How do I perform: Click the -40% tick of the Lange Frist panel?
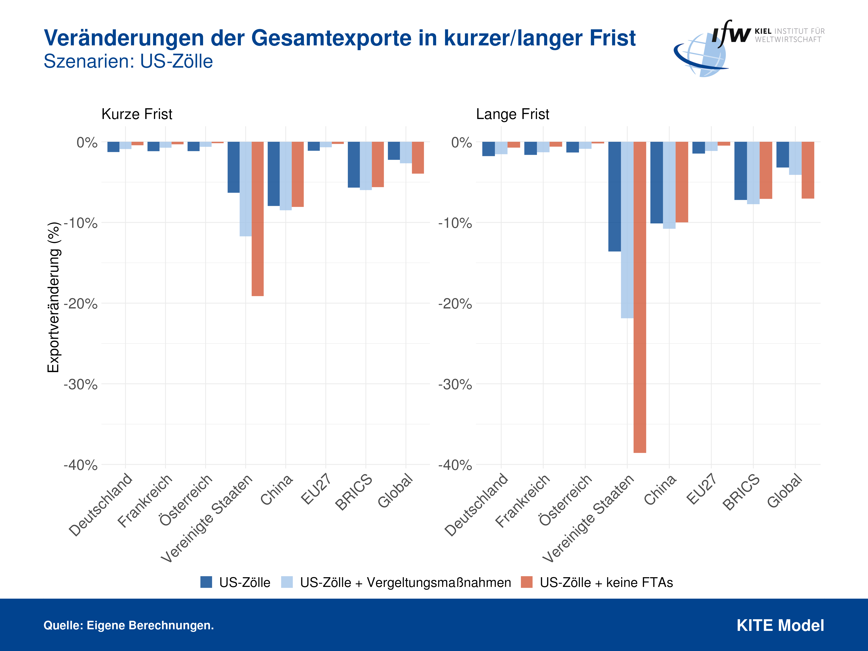click(x=455, y=465)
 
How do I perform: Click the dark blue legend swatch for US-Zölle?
click(x=206, y=582)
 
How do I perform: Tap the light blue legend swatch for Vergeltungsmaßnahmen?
click(x=287, y=582)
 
